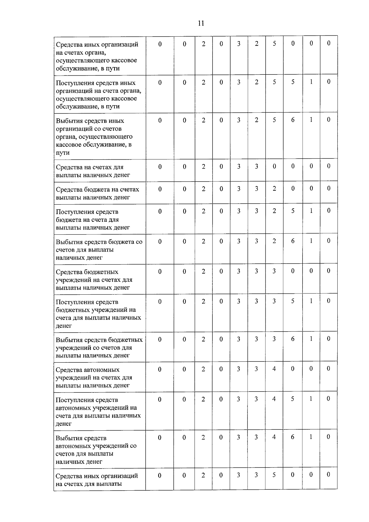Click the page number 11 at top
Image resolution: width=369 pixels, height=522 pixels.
click(x=201, y=23)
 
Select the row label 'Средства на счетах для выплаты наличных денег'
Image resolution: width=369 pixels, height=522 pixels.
click(x=93, y=171)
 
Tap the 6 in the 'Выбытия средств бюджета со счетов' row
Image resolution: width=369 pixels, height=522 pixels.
click(x=293, y=241)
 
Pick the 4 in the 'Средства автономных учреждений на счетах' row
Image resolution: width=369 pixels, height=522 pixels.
click(x=274, y=369)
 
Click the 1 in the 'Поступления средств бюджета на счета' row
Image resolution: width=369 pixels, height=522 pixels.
click(x=311, y=211)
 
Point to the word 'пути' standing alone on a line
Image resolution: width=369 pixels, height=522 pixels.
click(x=63, y=153)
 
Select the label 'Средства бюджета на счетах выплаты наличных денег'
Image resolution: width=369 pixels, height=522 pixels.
click(x=97, y=193)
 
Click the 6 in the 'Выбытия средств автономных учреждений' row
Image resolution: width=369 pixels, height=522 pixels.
click(x=292, y=437)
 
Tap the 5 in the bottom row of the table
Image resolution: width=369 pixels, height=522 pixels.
click(x=274, y=475)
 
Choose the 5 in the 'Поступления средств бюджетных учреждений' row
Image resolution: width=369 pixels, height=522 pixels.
click(x=293, y=301)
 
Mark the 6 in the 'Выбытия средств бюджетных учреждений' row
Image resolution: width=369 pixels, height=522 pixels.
click(x=293, y=339)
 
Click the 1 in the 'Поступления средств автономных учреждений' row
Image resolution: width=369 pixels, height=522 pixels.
click(x=311, y=399)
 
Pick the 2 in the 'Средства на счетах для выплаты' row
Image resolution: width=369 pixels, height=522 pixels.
click(x=203, y=166)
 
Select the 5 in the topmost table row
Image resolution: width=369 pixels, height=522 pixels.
click(x=274, y=44)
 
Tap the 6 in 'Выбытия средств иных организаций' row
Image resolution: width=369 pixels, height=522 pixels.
click(x=293, y=120)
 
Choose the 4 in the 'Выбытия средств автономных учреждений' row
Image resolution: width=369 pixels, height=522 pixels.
click(x=274, y=437)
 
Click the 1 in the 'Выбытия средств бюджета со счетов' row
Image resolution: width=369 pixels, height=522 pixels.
click(x=311, y=241)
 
